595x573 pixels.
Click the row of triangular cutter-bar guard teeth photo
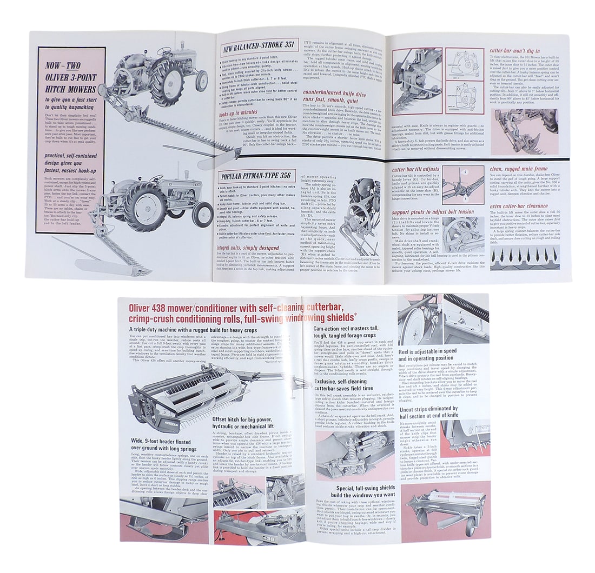pyautogui.click(x=524, y=258)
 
